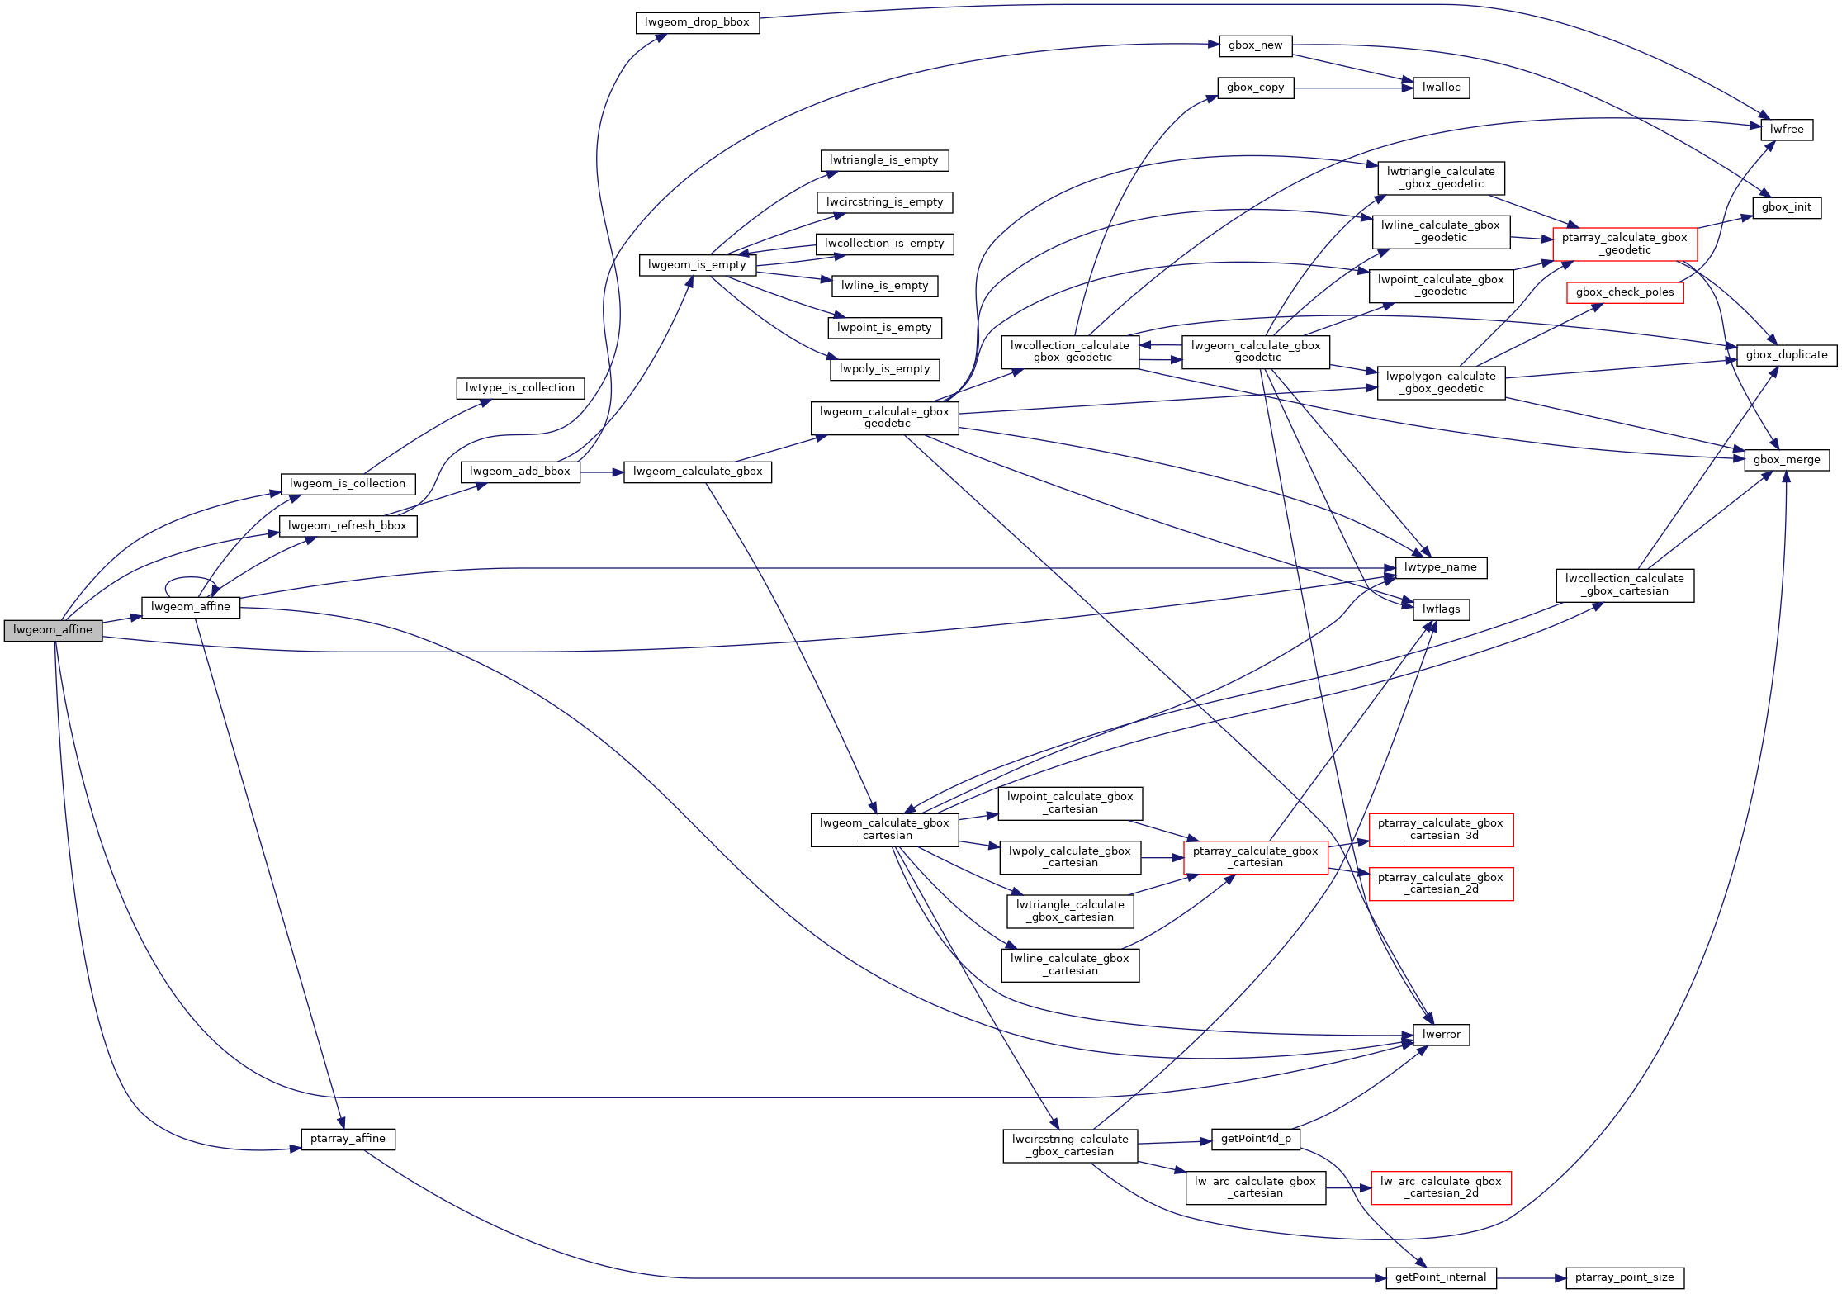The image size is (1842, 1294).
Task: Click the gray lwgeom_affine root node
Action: coord(53,630)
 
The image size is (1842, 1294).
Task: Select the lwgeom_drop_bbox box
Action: coord(697,22)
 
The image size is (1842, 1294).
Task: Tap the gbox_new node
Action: coord(1255,45)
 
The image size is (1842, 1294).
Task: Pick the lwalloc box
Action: coord(1441,88)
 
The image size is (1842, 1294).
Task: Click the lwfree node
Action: coord(1787,130)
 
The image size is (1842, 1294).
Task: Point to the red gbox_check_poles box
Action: coord(1624,292)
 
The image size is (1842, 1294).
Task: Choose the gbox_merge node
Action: coord(1787,460)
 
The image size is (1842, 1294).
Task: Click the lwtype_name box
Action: coord(1440,567)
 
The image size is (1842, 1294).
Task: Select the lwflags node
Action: coord(1441,609)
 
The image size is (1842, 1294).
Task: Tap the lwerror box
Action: coord(1441,1035)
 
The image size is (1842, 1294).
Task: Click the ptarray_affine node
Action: coord(348,1139)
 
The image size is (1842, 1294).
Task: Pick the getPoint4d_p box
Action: coord(1255,1139)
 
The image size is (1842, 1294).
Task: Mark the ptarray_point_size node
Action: coord(1624,1277)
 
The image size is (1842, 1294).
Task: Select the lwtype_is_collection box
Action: coord(520,388)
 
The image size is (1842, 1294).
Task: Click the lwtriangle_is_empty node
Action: coord(884,160)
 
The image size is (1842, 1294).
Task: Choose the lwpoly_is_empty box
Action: coord(884,369)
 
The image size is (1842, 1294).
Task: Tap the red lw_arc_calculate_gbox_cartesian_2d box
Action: coord(1441,1187)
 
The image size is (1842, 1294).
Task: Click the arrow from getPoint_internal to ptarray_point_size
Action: coord(1531,1278)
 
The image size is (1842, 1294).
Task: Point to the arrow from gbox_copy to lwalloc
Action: coord(1353,88)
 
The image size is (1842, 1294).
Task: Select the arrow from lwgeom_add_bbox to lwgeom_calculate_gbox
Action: coord(602,472)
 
